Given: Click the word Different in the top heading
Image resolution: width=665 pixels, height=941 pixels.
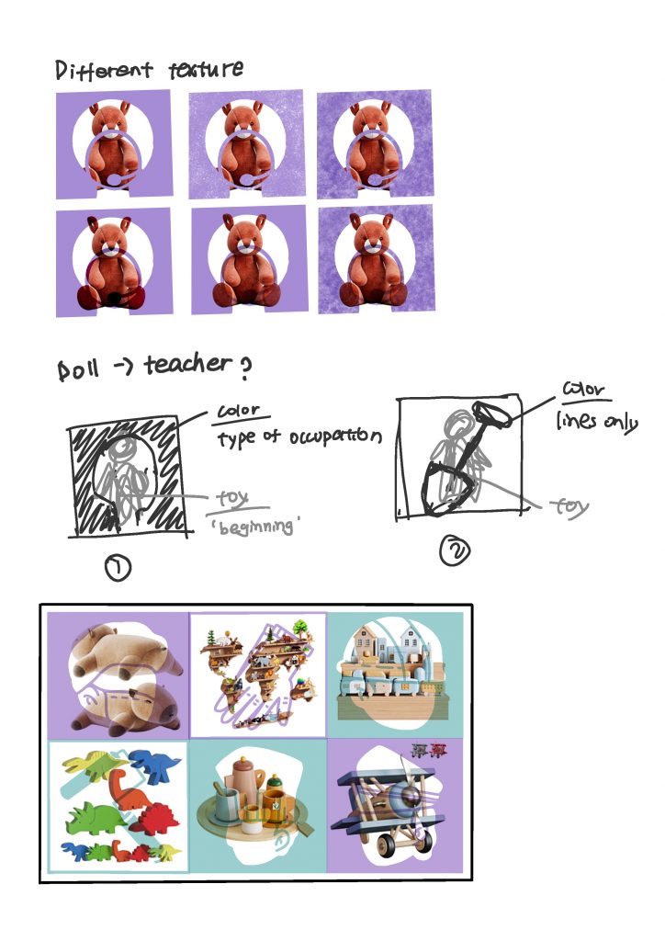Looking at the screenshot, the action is (104, 70).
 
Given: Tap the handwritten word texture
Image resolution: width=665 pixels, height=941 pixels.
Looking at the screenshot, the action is (206, 69).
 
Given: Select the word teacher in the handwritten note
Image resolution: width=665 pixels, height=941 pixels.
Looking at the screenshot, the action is (187, 364).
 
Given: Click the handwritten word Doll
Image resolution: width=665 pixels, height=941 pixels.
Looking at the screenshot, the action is (77, 368).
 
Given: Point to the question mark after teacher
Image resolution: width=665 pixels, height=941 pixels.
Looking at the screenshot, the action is (244, 368).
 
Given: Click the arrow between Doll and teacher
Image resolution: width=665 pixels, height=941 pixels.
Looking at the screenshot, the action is (124, 366).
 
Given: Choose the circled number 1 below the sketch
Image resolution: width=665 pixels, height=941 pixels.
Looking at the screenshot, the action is (118, 567).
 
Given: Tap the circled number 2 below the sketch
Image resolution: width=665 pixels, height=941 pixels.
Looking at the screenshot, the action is (455, 550).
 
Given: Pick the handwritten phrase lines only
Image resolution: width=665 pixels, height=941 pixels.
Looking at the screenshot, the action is (596, 421).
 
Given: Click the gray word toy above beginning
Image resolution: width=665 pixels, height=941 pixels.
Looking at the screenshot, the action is (232, 497).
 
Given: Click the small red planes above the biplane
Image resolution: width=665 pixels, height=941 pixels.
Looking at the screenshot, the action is (429, 749).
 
